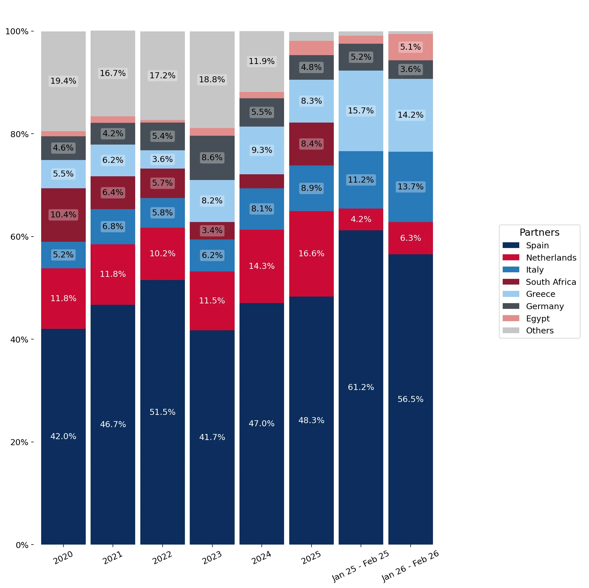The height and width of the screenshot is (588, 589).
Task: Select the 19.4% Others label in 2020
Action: [63, 81]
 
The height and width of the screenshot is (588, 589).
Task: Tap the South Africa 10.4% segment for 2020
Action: [63, 215]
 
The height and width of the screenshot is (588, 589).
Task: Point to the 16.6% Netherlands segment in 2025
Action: [311, 254]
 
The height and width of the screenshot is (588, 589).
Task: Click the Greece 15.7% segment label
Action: [361, 110]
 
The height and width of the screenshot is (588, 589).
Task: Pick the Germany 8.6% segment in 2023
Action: [212, 158]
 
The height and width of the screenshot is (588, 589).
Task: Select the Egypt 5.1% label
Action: [410, 47]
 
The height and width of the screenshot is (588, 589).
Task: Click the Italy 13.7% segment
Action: [410, 187]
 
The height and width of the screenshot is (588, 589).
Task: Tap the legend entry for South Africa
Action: [539, 282]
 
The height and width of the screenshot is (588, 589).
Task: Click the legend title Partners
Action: [539, 232]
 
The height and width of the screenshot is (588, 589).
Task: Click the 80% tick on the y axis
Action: [32, 134]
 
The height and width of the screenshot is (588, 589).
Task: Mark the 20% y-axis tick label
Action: [19, 442]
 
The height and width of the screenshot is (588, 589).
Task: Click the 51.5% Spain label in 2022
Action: [163, 412]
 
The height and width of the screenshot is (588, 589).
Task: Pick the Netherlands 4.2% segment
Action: [361, 219]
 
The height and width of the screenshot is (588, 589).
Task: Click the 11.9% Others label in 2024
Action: [261, 61]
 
